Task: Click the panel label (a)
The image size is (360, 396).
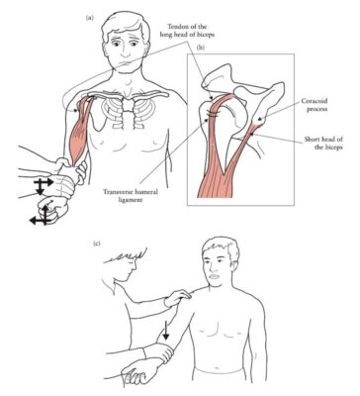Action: (92, 17)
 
